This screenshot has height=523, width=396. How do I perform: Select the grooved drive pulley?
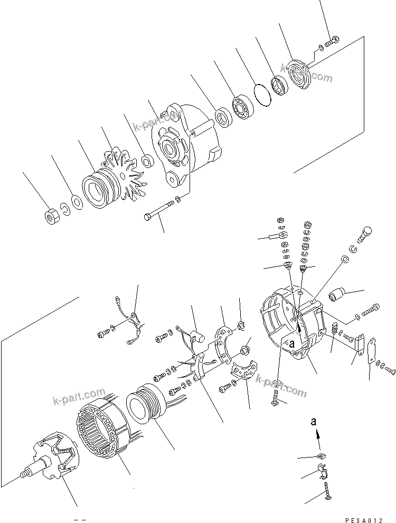97,189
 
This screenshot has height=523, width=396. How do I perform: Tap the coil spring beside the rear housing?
334,331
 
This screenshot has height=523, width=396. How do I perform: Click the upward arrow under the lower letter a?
318,434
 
